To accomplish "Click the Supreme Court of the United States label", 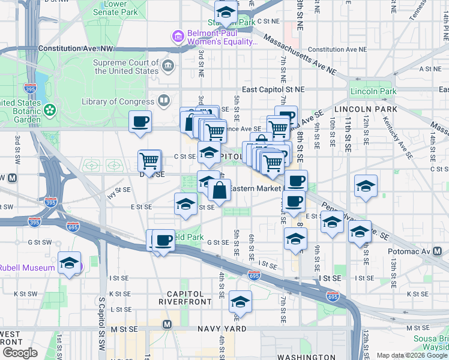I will [125, 67].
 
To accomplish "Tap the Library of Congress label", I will [119, 101].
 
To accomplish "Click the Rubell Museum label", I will [23, 268].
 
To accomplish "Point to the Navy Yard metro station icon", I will [167, 324].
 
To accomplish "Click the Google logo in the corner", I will [20, 353].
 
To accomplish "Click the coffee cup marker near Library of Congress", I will [140, 122].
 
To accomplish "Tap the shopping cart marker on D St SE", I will [149, 160].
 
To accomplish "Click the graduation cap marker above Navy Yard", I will [240, 302].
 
